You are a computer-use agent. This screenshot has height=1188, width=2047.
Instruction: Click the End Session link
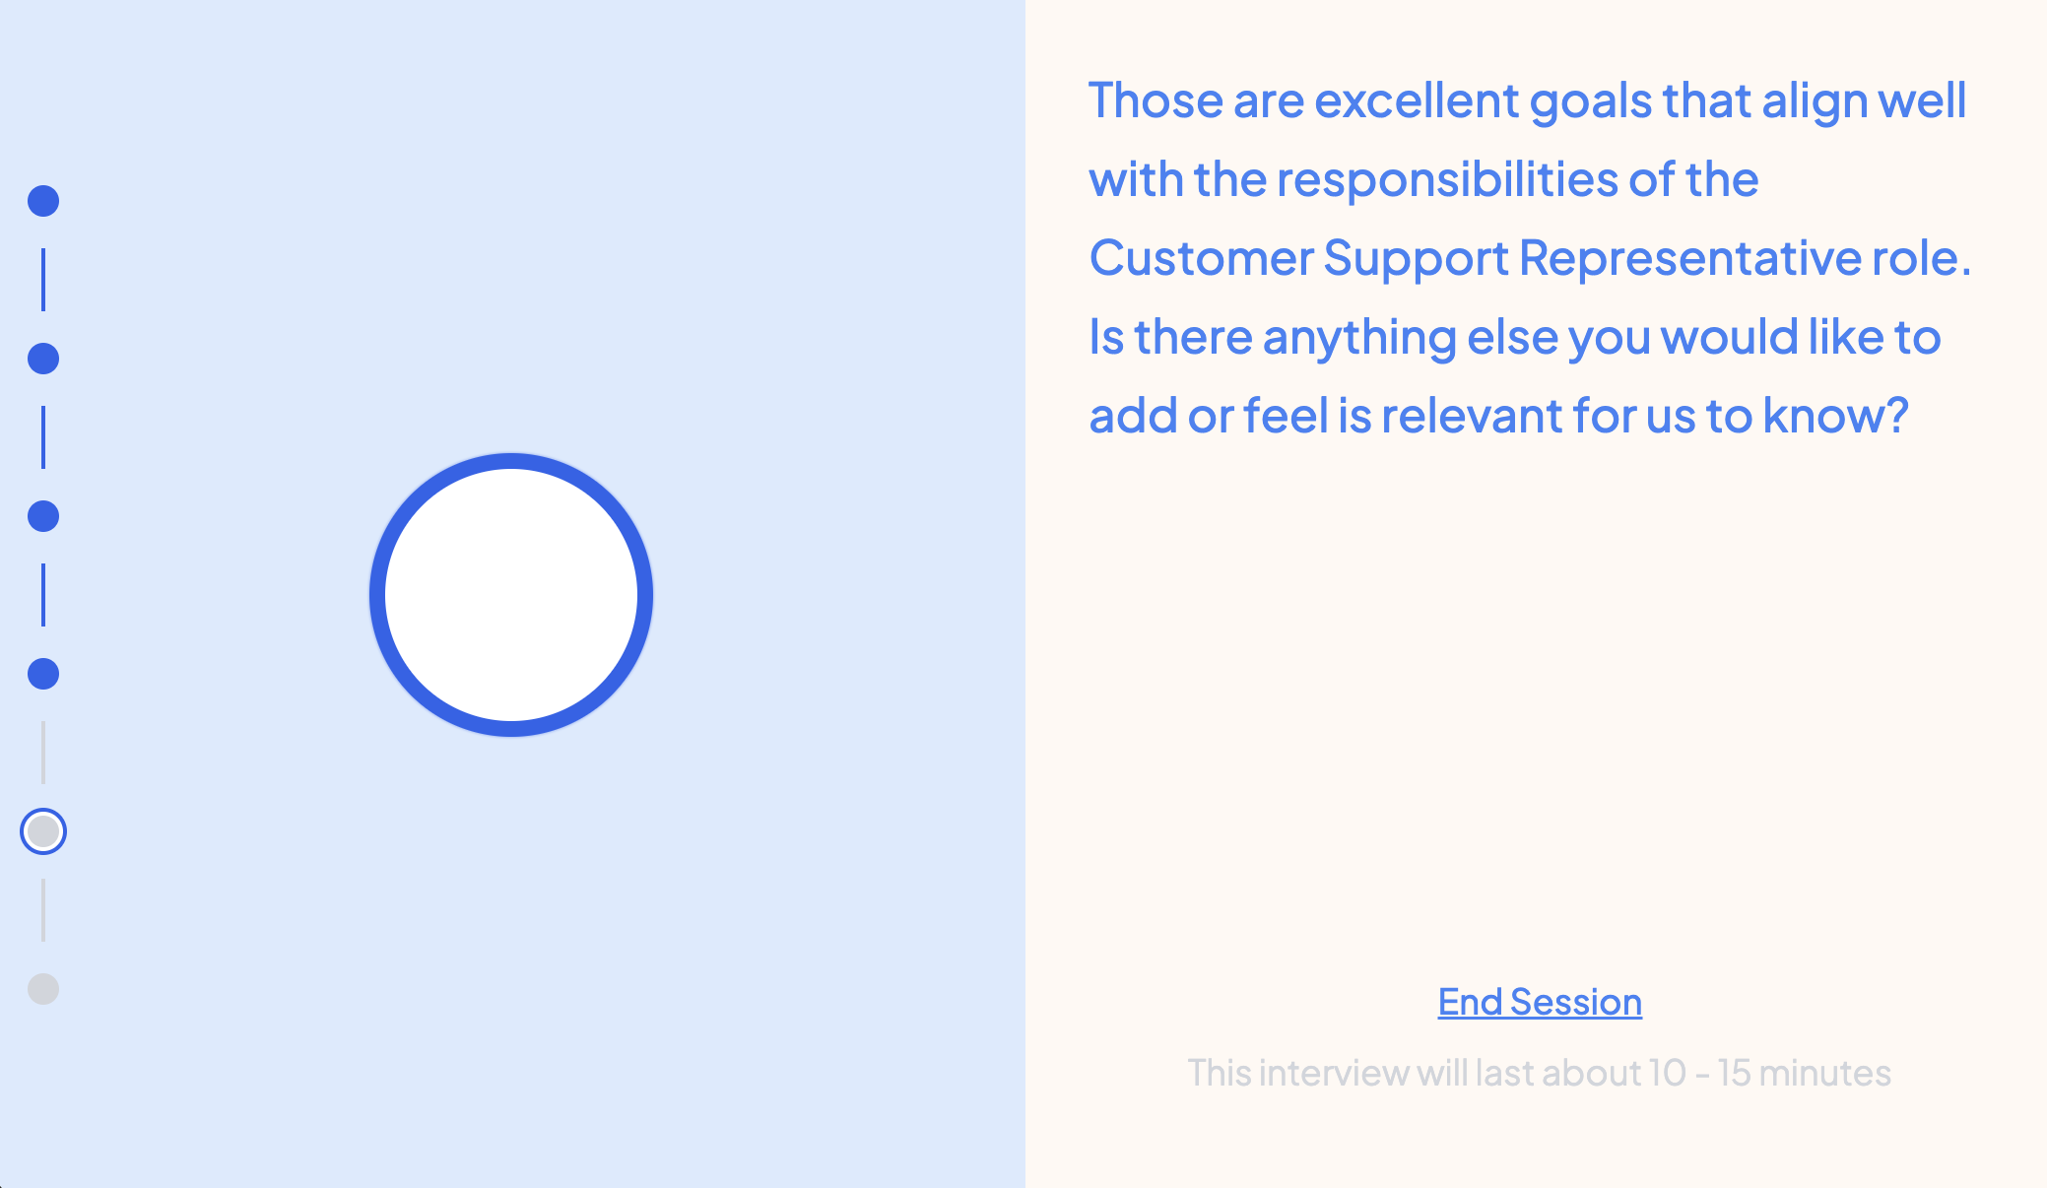click(1540, 1002)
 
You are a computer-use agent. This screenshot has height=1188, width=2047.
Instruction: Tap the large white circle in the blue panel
click(511, 595)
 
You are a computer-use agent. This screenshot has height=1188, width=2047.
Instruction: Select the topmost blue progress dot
click(43, 201)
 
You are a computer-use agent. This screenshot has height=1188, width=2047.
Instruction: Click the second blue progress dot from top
click(43, 359)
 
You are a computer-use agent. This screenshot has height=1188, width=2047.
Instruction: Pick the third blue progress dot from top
click(43, 516)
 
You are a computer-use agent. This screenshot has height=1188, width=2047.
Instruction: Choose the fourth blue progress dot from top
click(43, 674)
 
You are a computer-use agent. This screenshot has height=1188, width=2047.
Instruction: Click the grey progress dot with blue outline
click(43, 831)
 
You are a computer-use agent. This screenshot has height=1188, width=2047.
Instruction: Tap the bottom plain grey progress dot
click(43, 989)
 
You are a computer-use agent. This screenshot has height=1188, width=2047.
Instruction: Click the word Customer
click(1201, 258)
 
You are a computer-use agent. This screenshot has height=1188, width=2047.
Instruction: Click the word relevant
click(1471, 416)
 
